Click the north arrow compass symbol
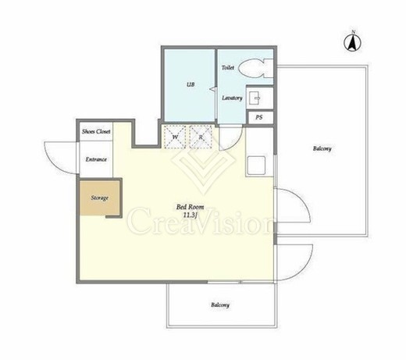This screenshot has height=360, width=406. click(353, 41)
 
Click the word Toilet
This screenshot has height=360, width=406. click(228, 68)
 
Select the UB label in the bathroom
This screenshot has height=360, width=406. click(191, 84)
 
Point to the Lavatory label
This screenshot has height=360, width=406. click(232, 98)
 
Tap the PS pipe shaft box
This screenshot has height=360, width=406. click(260, 118)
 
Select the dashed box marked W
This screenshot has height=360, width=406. click(175, 137)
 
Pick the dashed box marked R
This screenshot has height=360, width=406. click(201, 137)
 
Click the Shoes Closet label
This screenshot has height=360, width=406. click(96, 131)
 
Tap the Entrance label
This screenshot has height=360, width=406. click(96, 159)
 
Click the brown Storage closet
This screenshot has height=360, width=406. click(99, 198)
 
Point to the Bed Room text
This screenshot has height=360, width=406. click(190, 207)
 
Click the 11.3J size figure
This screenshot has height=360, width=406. click(190, 215)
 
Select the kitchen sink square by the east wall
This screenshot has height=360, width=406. click(256, 165)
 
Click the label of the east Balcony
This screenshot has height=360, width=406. click(322, 148)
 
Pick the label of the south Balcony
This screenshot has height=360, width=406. click(220, 305)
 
